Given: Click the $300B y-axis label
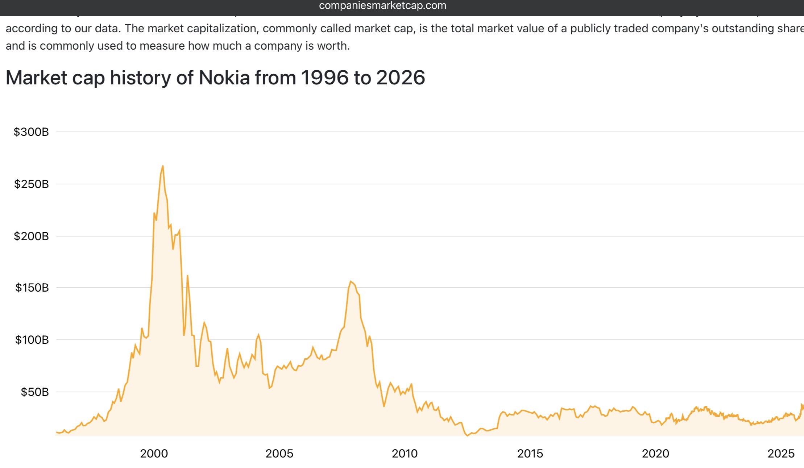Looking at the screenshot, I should click(x=31, y=132).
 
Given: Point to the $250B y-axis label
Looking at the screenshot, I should click(x=31, y=184).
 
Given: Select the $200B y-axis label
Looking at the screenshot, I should click(x=31, y=236).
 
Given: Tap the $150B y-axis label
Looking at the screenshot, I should click(x=32, y=288).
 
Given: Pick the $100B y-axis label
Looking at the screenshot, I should click(x=32, y=340).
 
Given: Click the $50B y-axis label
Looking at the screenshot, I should click(x=34, y=392).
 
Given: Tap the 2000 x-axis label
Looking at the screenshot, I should click(x=154, y=454).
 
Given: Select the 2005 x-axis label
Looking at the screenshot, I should click(x=279, y=454).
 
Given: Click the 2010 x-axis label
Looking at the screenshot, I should click(x=405, y=454).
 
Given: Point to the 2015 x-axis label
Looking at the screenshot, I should click(x=530, y=454).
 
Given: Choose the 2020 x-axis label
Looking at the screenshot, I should click(x=655, y=454).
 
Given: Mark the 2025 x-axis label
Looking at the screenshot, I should click(x=781, y=454).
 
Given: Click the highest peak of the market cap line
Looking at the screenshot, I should click(x=163, y=166).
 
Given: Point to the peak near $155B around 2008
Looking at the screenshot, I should click(x=351, y=281).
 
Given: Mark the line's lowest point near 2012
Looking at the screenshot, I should click(x=467, y=435).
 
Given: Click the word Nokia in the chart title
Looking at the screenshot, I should click(x=224, y=78).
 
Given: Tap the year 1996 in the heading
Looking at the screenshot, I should click(x=324, y=78).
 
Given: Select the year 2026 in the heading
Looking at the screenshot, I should click(x=401, y=78).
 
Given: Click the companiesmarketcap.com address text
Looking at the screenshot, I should click(x=382, y=6).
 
